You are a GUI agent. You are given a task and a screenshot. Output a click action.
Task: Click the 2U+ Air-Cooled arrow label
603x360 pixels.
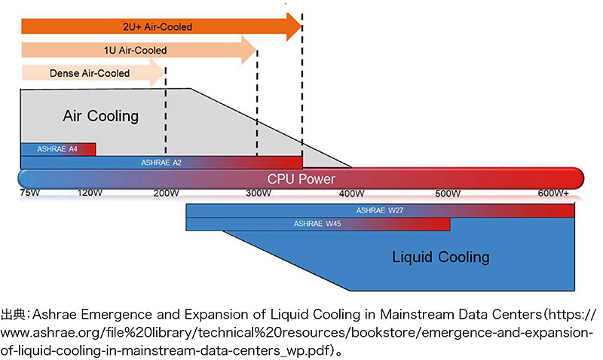[158, 27]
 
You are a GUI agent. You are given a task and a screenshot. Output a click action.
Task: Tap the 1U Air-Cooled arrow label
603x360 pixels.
[135, 50]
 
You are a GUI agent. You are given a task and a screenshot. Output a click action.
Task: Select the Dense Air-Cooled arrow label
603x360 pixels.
[89, 73]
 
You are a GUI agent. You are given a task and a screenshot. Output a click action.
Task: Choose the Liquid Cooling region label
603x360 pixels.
[440, 257]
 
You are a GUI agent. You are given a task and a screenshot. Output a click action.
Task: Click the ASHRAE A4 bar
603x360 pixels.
[58, 149]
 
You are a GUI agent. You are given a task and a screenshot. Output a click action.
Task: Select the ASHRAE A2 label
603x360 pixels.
[161, 162]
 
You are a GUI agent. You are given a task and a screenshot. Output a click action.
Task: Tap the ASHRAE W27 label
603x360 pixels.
[381, 211]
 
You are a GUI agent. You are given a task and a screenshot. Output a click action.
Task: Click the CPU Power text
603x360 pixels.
[301, 179]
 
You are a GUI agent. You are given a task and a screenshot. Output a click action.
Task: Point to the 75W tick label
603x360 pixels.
[31, 194]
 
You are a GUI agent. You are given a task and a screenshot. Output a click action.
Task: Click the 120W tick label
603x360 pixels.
[90, 194]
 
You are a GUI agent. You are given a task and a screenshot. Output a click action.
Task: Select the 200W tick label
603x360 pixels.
[165, 194]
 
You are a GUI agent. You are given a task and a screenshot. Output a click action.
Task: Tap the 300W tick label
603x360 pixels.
[258, 194]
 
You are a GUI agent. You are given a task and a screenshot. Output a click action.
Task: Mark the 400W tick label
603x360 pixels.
[351, 194]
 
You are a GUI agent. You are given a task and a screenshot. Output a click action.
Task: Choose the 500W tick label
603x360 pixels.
[447, 194]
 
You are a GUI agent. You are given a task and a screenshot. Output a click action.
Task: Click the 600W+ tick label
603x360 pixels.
[553, 194]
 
